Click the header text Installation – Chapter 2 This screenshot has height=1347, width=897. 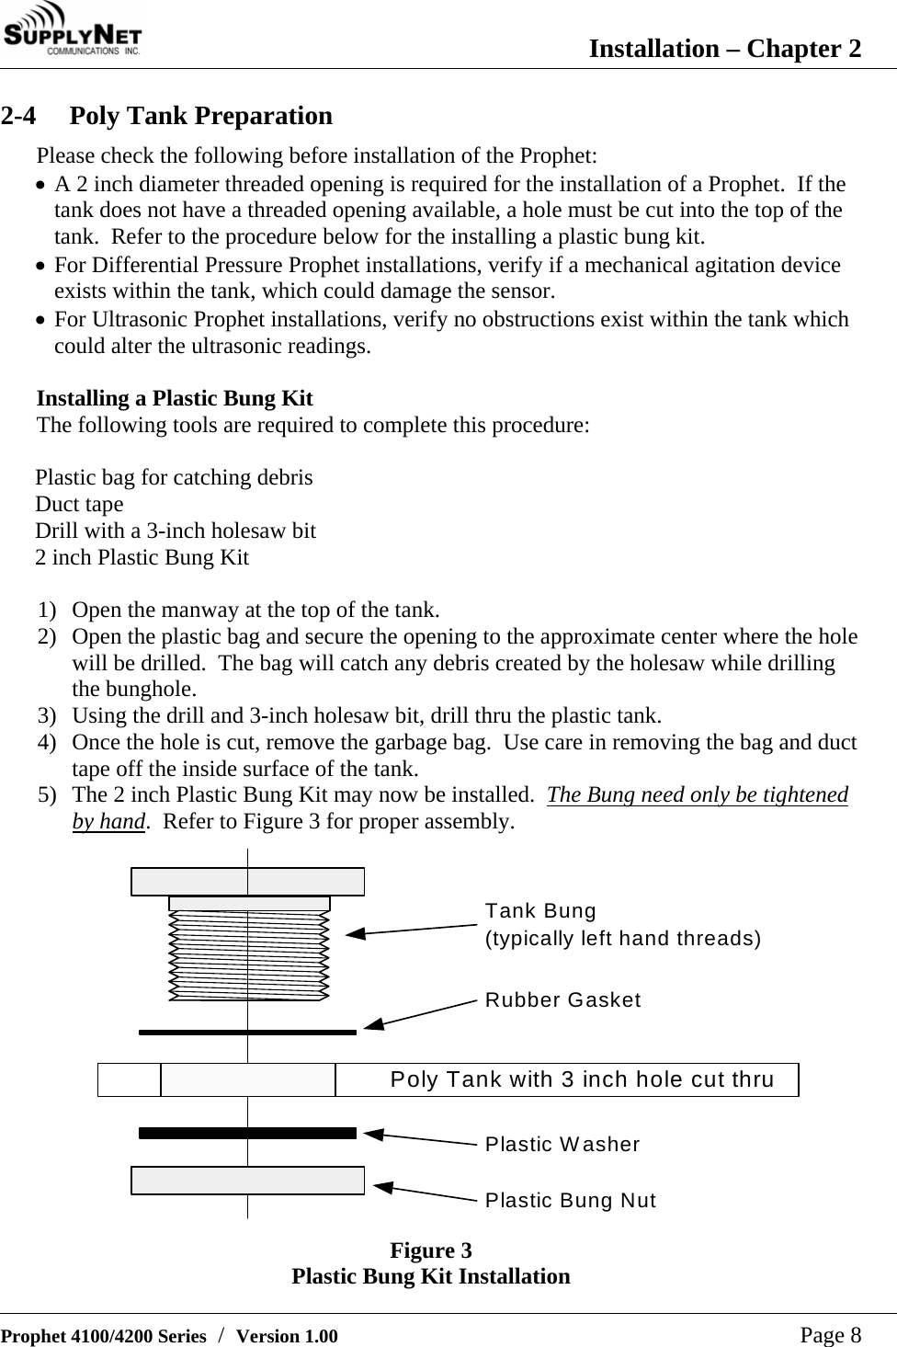click(x=724, y=48)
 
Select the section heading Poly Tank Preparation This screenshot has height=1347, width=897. click(x=200, y=116)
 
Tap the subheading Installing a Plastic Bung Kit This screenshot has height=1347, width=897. click(x=175, y=398)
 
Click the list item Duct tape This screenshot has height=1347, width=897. click(x=79, y=504)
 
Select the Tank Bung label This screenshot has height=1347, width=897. click(x=540, y=911)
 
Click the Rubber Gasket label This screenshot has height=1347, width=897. click(x=562, y=999)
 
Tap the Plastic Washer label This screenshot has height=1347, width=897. click(x=562, y=1144)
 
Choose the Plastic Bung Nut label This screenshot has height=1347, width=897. click(x=570, y=1200)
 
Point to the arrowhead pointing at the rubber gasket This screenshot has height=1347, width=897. click(x=373, y=1022)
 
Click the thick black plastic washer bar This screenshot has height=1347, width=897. click(x=247, y=1133)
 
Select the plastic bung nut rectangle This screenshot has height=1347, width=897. click(x=247, y=1180)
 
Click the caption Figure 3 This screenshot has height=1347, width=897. click(x=430, y=1250)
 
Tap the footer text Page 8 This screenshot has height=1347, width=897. click(x=830, y=1334)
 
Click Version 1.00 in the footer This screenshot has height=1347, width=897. click(x=287, y=1336)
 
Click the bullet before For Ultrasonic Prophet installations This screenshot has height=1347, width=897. click(x=42, y=321)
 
